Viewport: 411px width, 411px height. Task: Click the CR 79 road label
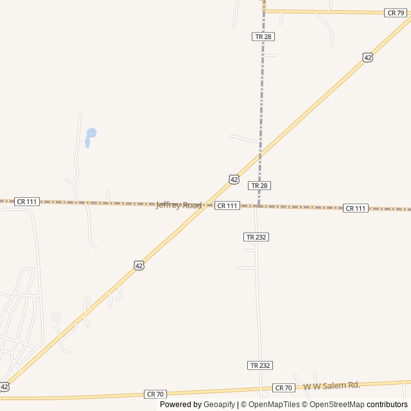[x=394, y=13]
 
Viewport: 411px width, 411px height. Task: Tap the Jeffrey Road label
[x=179, y=205]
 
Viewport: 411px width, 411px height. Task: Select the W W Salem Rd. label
[x=331, y=385]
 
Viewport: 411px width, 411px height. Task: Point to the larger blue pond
[x=91, y=134]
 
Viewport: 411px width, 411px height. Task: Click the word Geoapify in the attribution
[x=219, y=405]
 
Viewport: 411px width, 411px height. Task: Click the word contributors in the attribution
[x=387, y=405]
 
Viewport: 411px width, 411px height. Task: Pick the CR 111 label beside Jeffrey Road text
[x=227, y=205]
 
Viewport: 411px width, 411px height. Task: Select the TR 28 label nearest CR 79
[x=263, y=37]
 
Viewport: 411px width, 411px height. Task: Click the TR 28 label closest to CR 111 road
[x=259, y=185]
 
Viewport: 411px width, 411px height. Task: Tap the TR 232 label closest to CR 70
[x=260, y=365]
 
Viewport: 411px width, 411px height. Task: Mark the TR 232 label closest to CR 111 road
[x=256, y=237]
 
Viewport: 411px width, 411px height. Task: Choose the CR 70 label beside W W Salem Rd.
[x=283, y=388]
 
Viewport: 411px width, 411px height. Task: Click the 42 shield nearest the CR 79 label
[x=367, y=57]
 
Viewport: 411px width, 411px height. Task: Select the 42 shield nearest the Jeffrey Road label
[x=234, y=179]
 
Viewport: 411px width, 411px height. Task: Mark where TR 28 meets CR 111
[x=258, y=206]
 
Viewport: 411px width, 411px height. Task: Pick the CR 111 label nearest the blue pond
[x=27, y=201]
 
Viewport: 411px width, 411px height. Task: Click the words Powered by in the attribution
[x=180, y=405]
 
